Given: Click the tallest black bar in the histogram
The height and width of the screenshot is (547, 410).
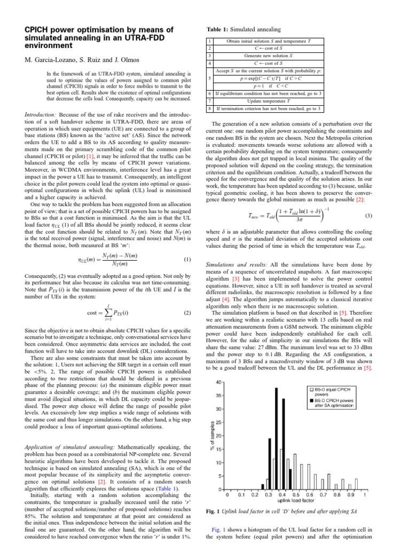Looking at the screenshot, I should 277,438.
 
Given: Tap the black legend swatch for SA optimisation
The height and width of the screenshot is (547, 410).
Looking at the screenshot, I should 312,400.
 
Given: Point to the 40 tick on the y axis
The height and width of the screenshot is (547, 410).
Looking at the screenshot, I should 218,382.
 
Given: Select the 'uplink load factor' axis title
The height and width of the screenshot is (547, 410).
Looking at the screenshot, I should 295,501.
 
